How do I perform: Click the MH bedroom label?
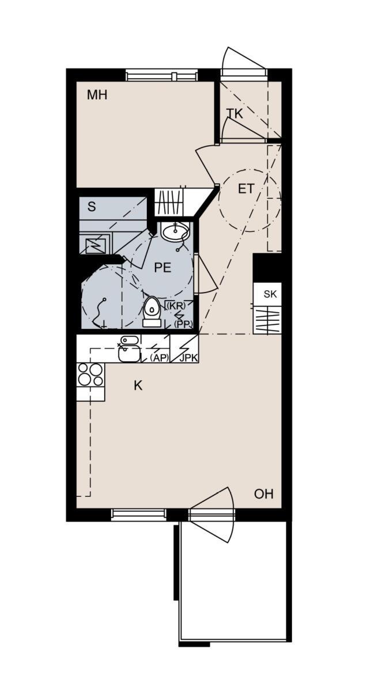pyautogui.click(x=97, y=94)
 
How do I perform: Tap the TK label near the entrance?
pyautogui.click(x=235, y=114)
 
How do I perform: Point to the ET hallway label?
pyautogui.click(x=246, y=189)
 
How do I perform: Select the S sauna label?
pyautogui.click(x=92, y=206)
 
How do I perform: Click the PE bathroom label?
pyautogui.click(x=162, y=267)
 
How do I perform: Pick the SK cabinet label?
pyautogui.click(x=270, y=294)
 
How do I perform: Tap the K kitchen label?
pyautogui.click(x=138, y=385)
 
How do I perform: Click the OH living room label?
pyautogui.click(x=263, y=494)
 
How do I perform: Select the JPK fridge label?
pyautogui.click(x=189, y=358)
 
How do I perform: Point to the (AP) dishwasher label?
pyautogui.click(x=159, y=358)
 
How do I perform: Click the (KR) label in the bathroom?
pyautogui.click(x=176, y=306)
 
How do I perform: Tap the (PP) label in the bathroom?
pyautogui.click(x=183, y=324)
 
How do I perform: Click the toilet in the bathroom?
pyautogui.click(x=152, y=312)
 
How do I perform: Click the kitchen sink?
pyautogui.click(x=128, y=350)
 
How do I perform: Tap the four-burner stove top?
pyautogui.click(x=90, y=374)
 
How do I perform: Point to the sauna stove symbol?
pyautogui.click(x=94, y=245)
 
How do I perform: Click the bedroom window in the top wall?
pyautogui.click(x=162, y=75)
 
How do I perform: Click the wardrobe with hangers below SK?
pyautogui.click(x=267, y=320)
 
